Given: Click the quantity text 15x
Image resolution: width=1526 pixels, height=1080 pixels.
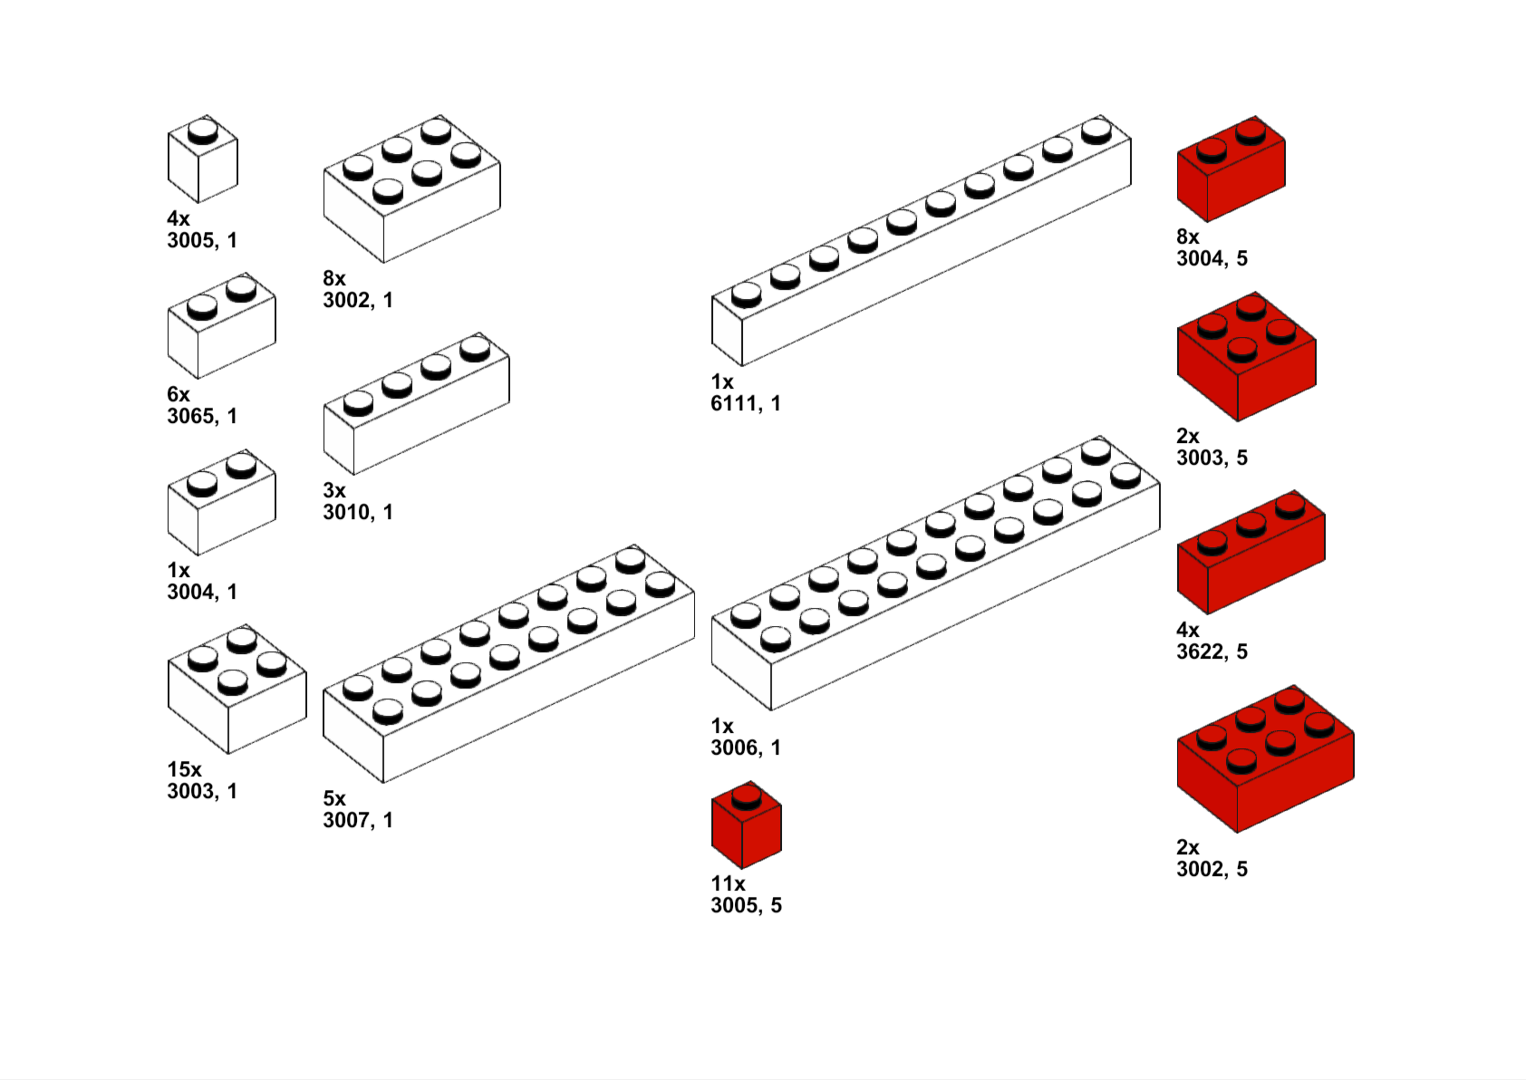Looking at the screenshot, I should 184,769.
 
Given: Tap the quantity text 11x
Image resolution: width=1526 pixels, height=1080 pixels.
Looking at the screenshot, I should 728,883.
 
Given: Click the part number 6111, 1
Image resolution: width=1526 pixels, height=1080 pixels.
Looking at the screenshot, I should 745,403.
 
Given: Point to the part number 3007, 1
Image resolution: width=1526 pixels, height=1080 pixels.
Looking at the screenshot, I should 358,820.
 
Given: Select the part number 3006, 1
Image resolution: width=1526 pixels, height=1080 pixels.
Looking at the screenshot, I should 745,747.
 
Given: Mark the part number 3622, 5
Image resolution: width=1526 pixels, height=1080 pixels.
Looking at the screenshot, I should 1212,651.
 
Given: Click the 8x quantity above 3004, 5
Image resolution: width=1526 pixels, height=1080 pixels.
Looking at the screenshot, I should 1187,236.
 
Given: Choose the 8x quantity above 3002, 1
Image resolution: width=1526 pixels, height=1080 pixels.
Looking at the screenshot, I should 334,278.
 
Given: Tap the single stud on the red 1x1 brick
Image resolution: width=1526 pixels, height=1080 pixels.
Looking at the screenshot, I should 746,796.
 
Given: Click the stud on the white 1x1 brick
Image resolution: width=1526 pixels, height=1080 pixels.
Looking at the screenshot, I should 203,132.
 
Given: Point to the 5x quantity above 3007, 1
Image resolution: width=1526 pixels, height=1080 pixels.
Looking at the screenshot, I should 334,798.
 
